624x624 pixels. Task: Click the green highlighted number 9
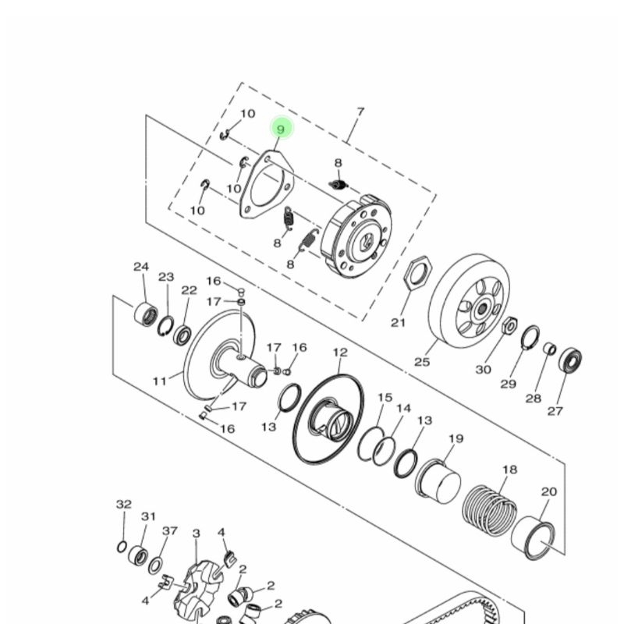coord(282,129)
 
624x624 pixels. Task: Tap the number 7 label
coord(360,112)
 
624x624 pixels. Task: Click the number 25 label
coord(422,362)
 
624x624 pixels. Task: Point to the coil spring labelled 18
coord(490,511)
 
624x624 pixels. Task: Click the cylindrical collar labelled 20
coord(534,538)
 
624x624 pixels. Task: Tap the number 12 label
coord(340,353)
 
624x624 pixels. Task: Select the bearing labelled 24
coord(146,315)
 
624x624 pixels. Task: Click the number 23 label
coord(166,277)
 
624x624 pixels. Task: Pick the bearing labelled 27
coord(570,360)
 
